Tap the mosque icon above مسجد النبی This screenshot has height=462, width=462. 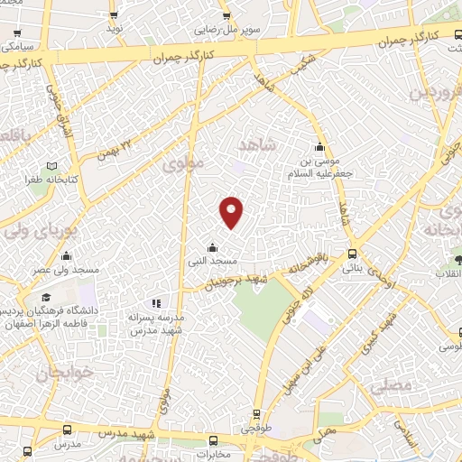point(212,247)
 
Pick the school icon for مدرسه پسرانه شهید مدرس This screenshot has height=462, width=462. point(155,304)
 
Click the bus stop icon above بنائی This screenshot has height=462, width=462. point(352,255)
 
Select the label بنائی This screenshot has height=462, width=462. point(352,269)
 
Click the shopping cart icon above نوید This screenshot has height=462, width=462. point(114,15)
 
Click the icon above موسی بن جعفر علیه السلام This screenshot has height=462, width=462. point(319,148)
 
